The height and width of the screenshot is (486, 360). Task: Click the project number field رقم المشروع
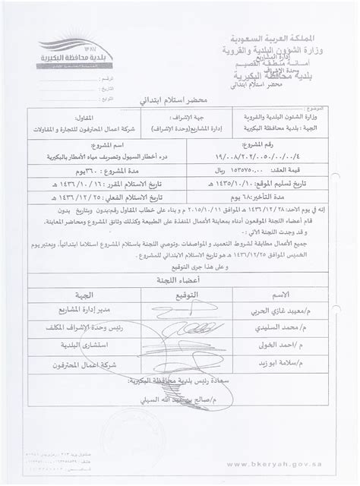[283, 157]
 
